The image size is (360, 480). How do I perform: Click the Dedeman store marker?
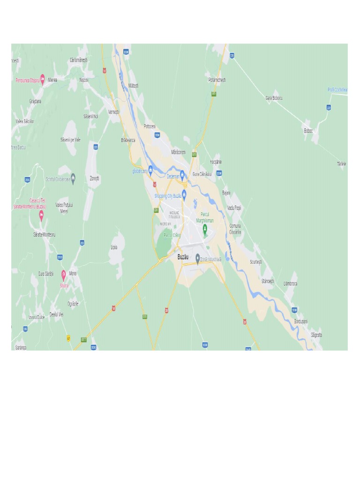(182, 175)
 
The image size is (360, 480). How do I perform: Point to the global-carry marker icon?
(150, 169)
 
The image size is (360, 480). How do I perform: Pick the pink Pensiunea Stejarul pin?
(43, 79)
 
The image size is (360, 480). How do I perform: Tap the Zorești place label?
(95, 178)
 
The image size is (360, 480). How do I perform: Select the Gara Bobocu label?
(274, 98)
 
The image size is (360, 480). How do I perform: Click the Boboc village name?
(308, 131)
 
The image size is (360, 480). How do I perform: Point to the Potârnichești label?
(217, 80)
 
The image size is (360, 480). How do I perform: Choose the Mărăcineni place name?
(179, 152)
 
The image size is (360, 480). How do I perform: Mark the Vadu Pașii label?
(234, 208)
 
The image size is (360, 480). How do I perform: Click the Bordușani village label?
(301, 322)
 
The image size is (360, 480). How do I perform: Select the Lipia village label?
(114, 247)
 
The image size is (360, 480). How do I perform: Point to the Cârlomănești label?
(79, 60)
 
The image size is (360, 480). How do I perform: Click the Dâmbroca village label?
(290, 284)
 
